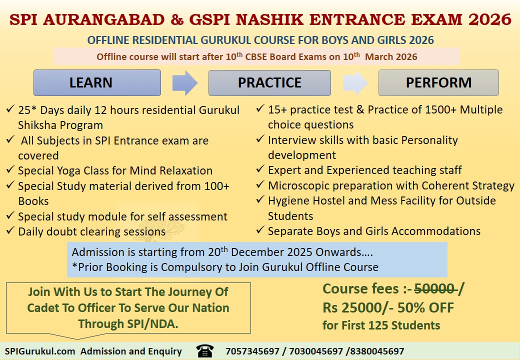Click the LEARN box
coord(97,82)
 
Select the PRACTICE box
coord(269,82)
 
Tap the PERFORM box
coord(438,82)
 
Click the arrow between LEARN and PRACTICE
coord(184,82)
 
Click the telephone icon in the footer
coord(204,351)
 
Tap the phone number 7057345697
coord(252,351)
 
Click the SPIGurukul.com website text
coord(40,351)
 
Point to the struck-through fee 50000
coord(434,289)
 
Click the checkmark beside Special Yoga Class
coord(10,170)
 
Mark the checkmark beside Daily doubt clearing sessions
coord(10,231)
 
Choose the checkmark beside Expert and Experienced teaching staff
coord(260,170)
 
